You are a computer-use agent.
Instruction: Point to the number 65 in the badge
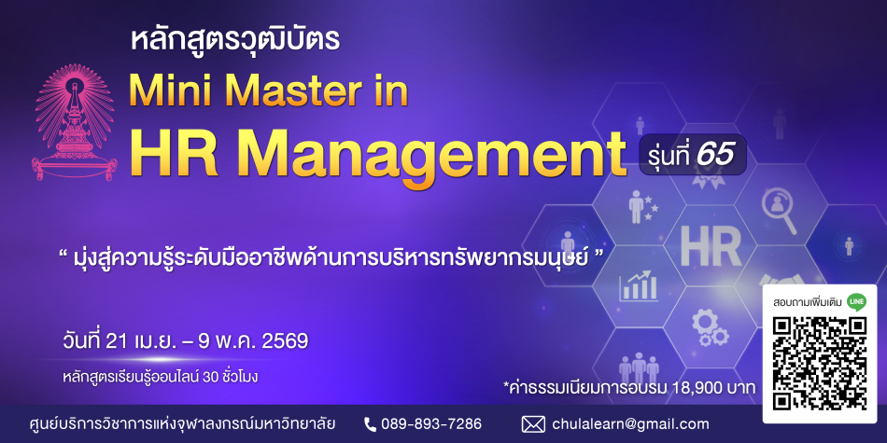tap(715, 154)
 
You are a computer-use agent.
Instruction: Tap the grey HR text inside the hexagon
tap(711, 247)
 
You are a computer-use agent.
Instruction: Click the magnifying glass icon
tap(779, 210)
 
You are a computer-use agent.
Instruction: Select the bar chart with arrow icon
tap(638, 286)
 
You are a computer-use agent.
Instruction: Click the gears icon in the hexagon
tap(710, 328)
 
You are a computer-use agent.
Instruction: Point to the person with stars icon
tap(643, 206)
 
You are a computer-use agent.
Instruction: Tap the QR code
tap(820, 364)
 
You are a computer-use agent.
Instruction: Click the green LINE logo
tap(856, 302)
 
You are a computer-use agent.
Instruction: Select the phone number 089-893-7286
tap(431, 423)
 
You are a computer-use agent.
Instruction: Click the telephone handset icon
tap(370, 424)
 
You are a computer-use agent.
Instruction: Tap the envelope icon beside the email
tap(533, 424)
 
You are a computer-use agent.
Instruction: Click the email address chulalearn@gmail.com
tap(630, 424)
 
